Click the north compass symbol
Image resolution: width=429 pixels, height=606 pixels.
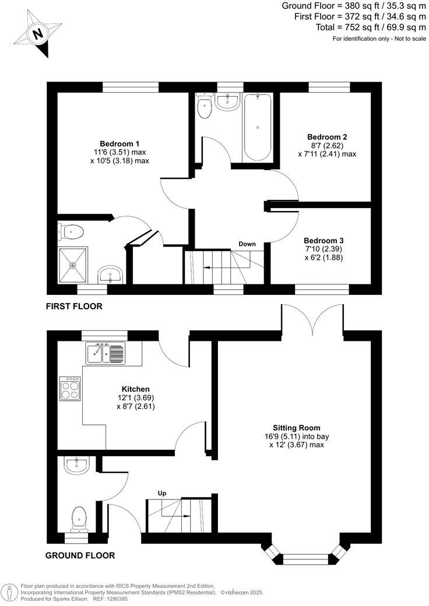38,34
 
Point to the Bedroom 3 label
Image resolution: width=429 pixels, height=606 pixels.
323,241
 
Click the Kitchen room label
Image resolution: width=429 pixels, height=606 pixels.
136,389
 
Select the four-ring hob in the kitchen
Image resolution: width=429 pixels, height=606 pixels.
70,389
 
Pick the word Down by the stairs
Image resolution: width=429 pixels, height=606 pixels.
247,244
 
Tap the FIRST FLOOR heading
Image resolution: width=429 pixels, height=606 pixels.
73,306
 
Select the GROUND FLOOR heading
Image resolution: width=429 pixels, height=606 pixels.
80,555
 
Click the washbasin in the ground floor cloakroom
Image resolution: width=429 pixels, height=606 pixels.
76,465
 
